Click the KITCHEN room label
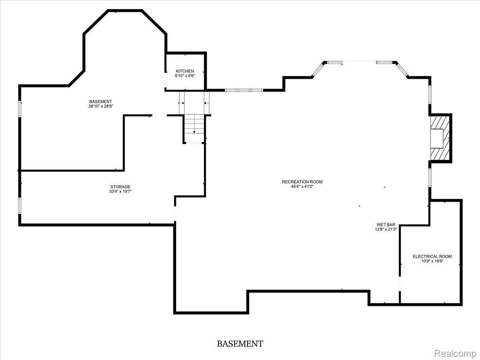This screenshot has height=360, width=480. (x=184, y=71)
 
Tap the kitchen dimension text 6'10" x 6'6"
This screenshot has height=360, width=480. (x=184, y=76)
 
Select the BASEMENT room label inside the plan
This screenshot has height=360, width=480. (x=100, y=102)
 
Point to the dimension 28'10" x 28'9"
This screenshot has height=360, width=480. (x=100, y=106)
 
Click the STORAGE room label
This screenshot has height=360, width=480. (x=120, y=187)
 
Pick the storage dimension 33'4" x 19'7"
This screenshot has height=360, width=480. (x=120, y=192)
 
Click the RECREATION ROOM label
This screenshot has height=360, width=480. (x=302, y=182)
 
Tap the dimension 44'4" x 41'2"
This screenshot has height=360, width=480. (x=302, y=187)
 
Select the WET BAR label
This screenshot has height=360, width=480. (x=386, y=225)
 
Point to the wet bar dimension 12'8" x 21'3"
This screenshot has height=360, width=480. (x=386, y=230)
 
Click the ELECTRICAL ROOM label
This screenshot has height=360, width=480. (x=432, y=256)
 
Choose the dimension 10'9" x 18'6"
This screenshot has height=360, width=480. (x=432, y=261)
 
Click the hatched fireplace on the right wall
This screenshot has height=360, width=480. (x=440, y=138)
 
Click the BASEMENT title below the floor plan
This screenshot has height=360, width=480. (x=240, y=344)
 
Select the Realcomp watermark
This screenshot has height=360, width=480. (x=455, y=354)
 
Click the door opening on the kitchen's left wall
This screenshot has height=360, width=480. (x=166, y=79)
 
